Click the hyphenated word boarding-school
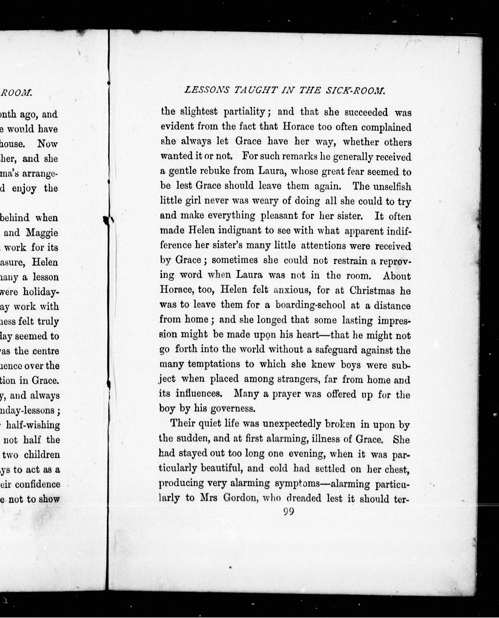(310, 305)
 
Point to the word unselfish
(392, 186)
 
